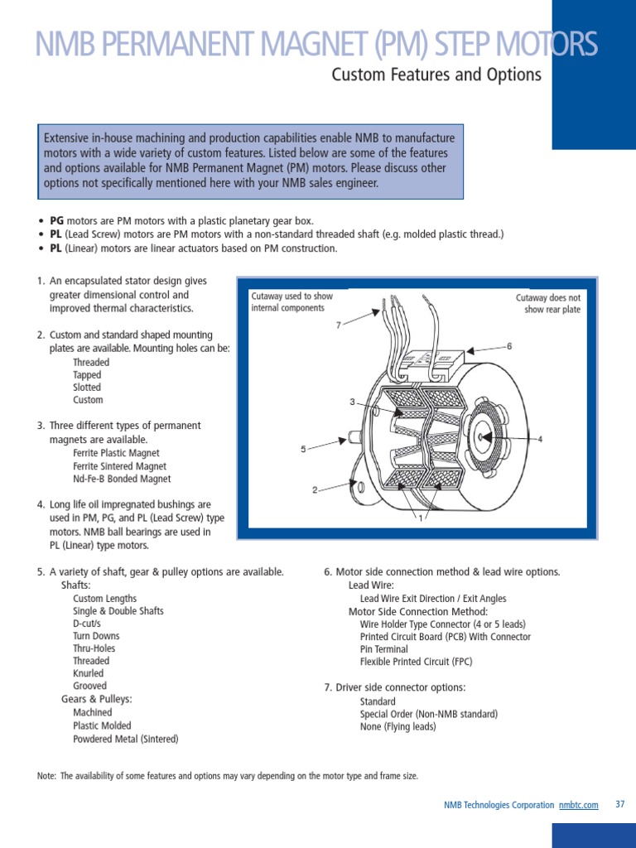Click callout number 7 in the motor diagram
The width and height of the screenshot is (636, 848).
click(x=339, y=325)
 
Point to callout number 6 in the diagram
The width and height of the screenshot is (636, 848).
click(x=509, y=345)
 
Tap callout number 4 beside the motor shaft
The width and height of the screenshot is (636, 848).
click(x=540, y=439)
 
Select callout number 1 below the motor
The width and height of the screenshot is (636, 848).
click(x=421, y=518)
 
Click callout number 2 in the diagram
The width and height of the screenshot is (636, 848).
click(x=315, y=490)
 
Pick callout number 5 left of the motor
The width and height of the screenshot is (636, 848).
click(x=303, y=449)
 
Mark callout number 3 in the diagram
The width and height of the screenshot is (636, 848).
click(x=352, y=402)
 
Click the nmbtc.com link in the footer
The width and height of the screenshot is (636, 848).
click(x=578, y=805)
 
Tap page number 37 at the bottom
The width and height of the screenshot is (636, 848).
click(x=620, y=804)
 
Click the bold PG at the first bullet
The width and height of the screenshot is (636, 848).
click(x=56, y=221)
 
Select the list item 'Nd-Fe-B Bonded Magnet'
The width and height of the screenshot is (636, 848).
click(x=122, y=479)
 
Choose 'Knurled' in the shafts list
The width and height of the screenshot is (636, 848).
click(x=89, y=673)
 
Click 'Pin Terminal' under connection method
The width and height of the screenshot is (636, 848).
click(x=383, y=649)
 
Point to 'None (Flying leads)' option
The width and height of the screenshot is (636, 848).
click(x=397, y=726)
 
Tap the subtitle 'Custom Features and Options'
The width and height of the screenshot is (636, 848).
click(x=436, y=75)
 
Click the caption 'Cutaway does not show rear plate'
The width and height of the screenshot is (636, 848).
click(x=548, y=303)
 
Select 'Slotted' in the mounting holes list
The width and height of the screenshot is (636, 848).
click(x=87, y=387)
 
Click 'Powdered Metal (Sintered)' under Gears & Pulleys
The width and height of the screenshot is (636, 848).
click(x=125, y=739)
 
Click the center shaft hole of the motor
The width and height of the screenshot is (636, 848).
click(x=479, y=436)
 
